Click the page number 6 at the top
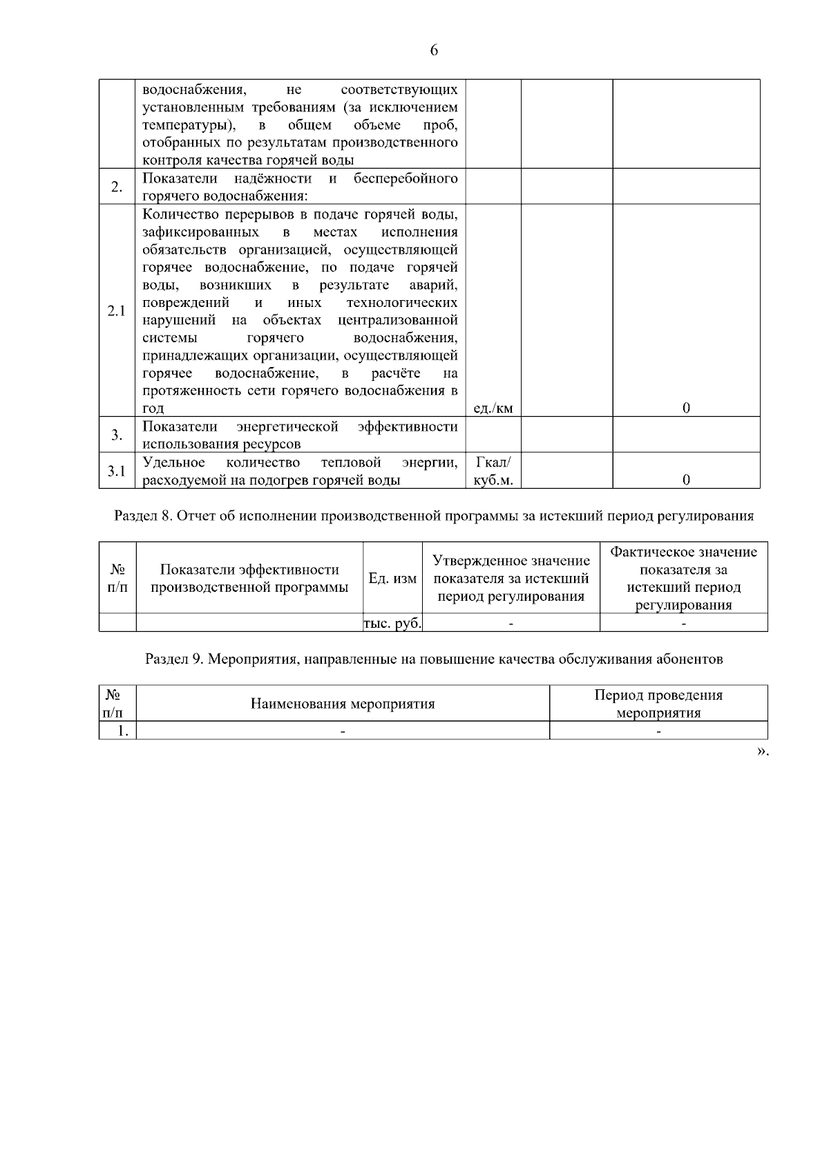434,50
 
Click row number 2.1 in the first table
117,311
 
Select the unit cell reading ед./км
493,408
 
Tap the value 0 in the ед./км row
686,408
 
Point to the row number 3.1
117,471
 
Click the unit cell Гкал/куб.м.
493,471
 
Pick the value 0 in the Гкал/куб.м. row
686,480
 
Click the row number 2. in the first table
117,187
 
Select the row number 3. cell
117,435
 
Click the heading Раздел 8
433,516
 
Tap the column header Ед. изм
392,579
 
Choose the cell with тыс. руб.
392,623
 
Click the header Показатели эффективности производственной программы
249,579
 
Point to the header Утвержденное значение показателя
511,579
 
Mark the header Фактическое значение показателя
683,579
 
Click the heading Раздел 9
433,659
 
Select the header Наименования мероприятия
343,704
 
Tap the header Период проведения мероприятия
658,704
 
